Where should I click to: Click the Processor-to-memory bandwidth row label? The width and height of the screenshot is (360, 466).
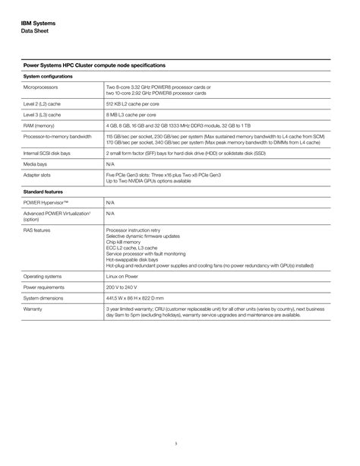click(58, 136)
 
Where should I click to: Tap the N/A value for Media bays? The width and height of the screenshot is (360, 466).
click(110, 163)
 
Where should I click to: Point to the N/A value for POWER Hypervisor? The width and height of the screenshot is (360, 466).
click(110, 203)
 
